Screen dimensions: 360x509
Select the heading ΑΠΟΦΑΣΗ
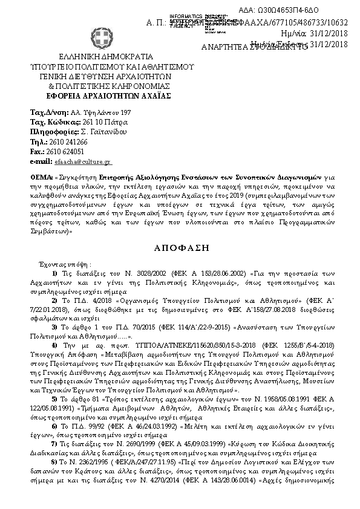tap(180, 248)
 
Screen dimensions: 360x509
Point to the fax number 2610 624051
tap(65, 152)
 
